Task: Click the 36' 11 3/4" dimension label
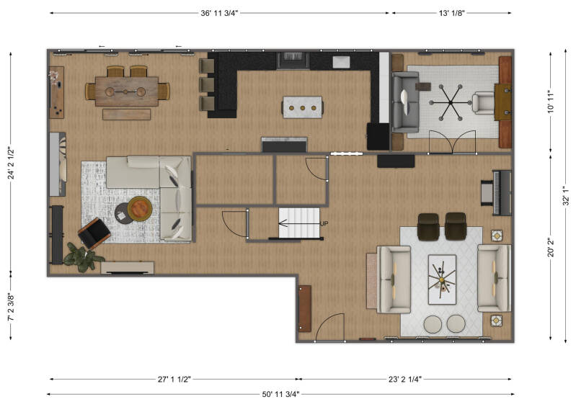pos(219,13)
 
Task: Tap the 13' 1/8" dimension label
pos(451,13)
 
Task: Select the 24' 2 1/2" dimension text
pos(12,163)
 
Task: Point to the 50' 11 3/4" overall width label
pos(280,395)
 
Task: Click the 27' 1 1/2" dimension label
pos(174,380)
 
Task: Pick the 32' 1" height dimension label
pos(566,195)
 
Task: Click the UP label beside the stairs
pos(324,223)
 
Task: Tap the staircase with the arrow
pos(299,223)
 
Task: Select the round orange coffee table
pos(140,208)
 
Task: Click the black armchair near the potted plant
pos(94,233)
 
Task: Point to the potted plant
pos(83,257)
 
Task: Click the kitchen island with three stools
pos(303,107)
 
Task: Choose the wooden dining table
pos(127,91)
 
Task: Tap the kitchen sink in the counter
pos(341,62)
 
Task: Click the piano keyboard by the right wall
pos(501,192)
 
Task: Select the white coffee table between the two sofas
pos(443,279)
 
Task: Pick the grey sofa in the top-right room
pos(406,102)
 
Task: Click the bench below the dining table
pos(126,115)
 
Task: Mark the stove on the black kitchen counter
pos(293,61)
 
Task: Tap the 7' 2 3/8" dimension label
pos(12,307)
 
